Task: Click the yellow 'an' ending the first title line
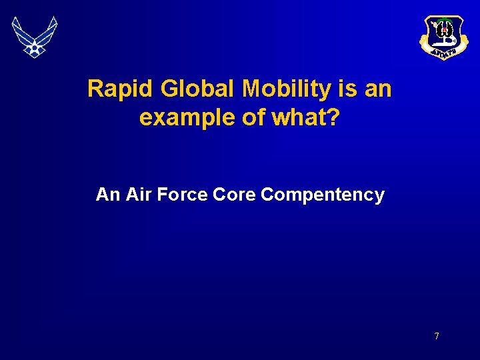point(378,89)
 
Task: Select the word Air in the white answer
point(137,195)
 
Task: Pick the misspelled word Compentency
point(323,195)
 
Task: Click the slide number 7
point(437,336)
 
